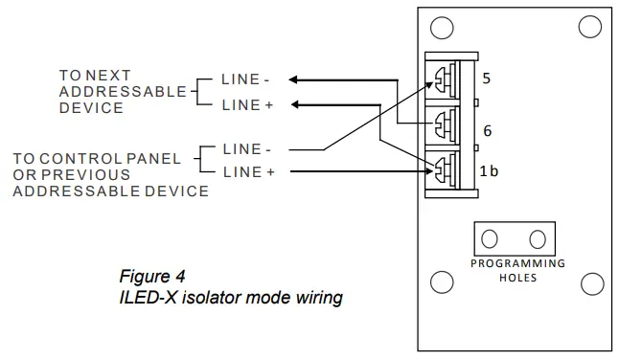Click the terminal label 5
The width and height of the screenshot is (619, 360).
[x=487, y=79]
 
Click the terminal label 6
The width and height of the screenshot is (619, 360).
[x=487, y=131]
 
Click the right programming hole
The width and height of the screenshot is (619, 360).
[x=539, y=237]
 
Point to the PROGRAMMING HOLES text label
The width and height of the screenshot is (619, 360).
[x=517, y=270]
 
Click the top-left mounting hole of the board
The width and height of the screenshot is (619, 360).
[x=441, y=26]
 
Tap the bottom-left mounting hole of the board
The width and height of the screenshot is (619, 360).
[x=441, y=281]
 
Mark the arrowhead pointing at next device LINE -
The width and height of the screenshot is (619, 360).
[x=294, y=79]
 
